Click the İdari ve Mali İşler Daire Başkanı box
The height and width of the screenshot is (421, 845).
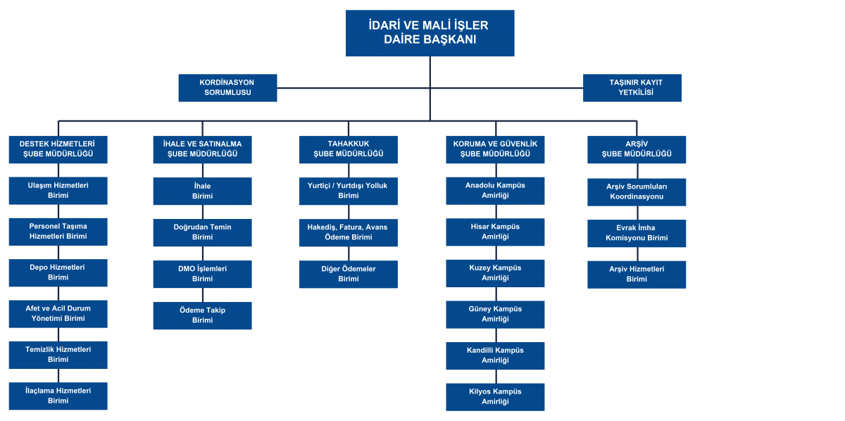(x=430, y=33)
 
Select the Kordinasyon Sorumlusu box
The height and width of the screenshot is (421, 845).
(x=227, y=88)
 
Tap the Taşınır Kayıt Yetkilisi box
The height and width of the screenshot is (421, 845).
(x=632, y=88)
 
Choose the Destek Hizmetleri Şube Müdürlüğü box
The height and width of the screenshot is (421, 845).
(x=58, y=149)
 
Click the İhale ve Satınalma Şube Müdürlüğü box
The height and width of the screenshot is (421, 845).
(x=202, y=149)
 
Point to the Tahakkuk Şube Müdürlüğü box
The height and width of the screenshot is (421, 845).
(x=348, y=149)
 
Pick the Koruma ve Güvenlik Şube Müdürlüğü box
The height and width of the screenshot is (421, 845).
(x=495, y=149)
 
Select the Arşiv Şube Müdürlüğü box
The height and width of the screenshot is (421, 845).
(x=637, y=149)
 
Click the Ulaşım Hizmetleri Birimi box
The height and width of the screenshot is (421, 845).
(x=58, y=191)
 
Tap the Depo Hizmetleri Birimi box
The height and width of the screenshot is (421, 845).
(x=58, y=273)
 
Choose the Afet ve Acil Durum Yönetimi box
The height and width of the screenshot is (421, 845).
(x=58, y=314)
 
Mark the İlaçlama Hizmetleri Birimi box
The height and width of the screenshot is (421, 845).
(x=58, y=396)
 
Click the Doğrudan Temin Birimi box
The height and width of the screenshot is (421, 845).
(x=202, y=232)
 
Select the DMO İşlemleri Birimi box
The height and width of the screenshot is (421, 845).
(x=202, y=274)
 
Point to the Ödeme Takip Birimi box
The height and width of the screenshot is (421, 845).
(x=202, y=315)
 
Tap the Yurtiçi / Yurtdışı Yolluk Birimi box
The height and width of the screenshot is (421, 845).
(x=348, y=191)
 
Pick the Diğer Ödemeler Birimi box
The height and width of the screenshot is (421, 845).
(x=348, y=274)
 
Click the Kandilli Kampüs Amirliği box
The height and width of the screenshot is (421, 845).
(x=495, y=356)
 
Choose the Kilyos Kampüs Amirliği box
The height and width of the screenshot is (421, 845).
(x=495, y=397)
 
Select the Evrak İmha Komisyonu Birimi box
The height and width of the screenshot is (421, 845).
(x=637, y=233)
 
